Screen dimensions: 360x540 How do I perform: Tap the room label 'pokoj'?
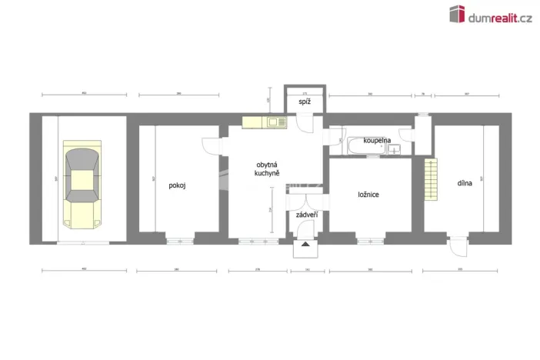(x=178, y=185)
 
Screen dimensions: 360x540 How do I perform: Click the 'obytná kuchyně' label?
(x=266, y=169)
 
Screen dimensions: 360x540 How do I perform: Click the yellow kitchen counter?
(x=264, y=122)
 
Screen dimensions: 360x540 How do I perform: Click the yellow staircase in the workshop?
(x=430, y=178)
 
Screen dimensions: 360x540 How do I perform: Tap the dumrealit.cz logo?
(x=489, y=15)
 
